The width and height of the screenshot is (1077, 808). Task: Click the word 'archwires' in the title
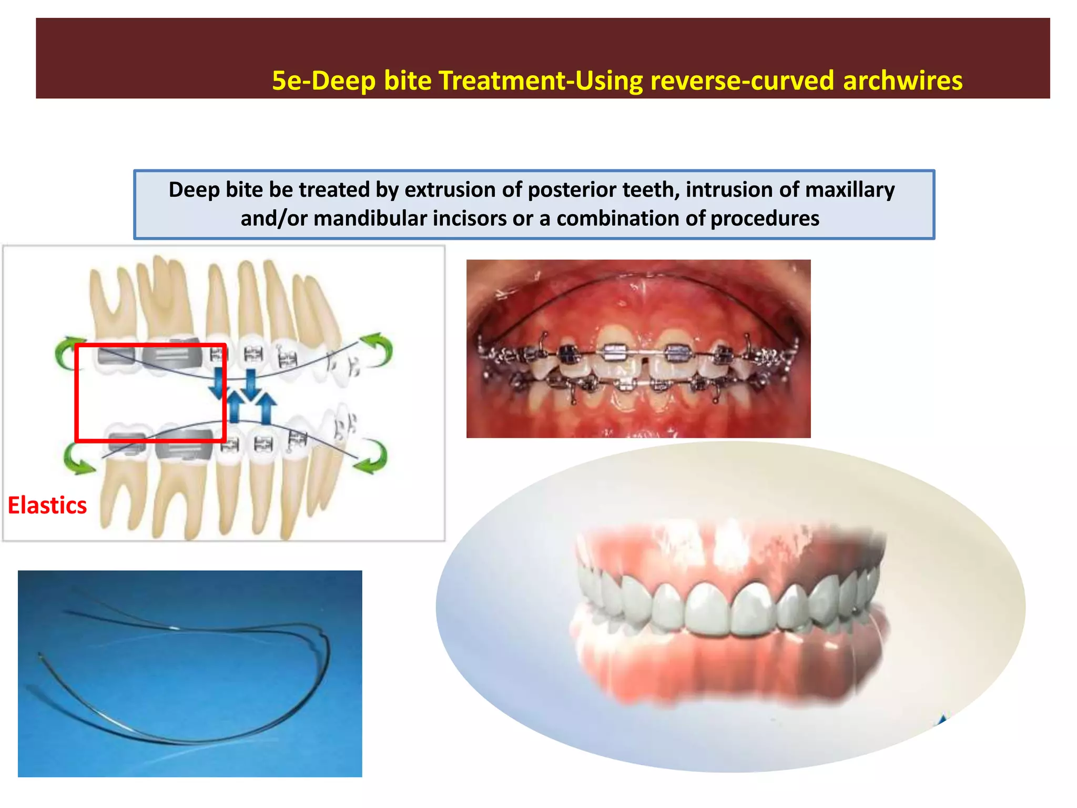click(902, 81)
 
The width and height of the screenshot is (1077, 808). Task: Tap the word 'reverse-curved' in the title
click(742, 81)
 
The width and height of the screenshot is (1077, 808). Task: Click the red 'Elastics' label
click(47, 505)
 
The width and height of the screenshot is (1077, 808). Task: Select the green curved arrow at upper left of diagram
click(66, 351)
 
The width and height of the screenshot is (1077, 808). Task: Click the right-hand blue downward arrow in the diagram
click(251, 383)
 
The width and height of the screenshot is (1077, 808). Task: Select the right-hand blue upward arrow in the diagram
click(267, 408)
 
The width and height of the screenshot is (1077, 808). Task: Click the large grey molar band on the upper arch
click(172, 357)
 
